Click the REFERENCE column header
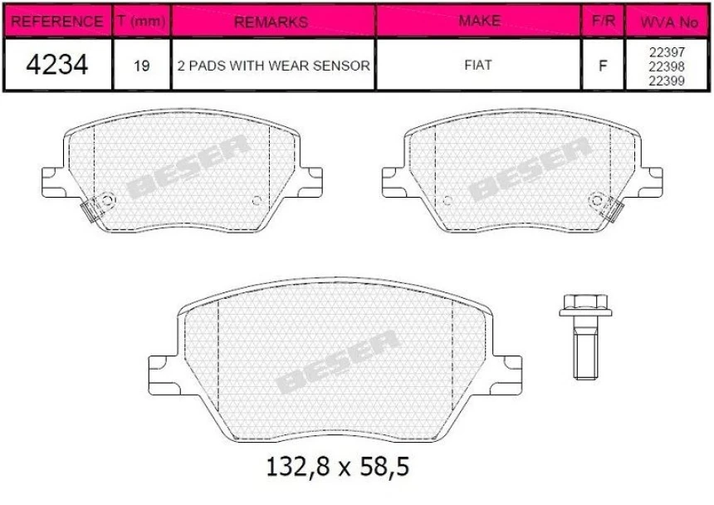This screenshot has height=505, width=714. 56,22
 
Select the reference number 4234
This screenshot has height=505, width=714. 56,65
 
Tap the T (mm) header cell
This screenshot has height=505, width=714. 140,22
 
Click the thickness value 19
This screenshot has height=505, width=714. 141,65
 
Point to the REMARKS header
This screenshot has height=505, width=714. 271,22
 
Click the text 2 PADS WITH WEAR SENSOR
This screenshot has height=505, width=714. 272,65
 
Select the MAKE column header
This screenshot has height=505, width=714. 479,22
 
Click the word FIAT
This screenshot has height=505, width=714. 479,65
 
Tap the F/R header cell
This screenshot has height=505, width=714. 602,22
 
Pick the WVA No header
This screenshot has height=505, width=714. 667,22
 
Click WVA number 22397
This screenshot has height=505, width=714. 667,51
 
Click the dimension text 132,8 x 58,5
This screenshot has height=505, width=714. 336,468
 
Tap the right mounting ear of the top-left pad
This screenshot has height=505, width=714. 310,179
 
